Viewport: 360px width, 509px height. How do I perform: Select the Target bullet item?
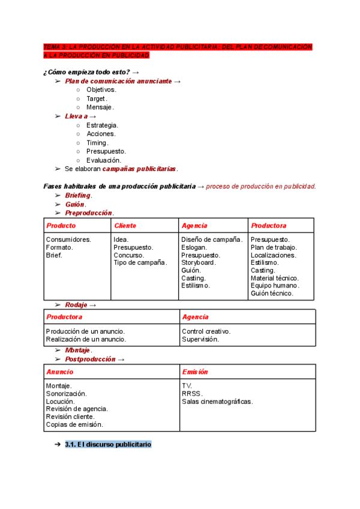pos(96,98)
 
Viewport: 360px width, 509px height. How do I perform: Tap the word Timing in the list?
pos(97,143)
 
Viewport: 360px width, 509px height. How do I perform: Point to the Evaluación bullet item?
pos(103,160)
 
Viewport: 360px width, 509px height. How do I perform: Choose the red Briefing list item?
pos(78,195)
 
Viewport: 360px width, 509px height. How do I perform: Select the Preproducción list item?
pos(89,212)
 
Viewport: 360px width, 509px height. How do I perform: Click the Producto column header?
pos(61,226)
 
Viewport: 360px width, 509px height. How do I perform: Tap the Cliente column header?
pos(125,226)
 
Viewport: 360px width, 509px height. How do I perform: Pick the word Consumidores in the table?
pos(68,239)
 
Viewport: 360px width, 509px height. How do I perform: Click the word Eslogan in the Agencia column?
pos(194,247)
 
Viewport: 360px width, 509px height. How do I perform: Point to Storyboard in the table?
pos(199,262)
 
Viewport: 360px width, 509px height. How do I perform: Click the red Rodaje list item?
pos(77,304)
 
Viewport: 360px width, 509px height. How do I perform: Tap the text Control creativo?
pos(206,331)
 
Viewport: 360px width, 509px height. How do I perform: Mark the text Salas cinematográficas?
pos(217,402)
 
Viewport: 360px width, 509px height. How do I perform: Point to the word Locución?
pos(60,402)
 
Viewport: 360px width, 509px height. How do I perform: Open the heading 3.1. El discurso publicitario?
pos(108,445)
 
